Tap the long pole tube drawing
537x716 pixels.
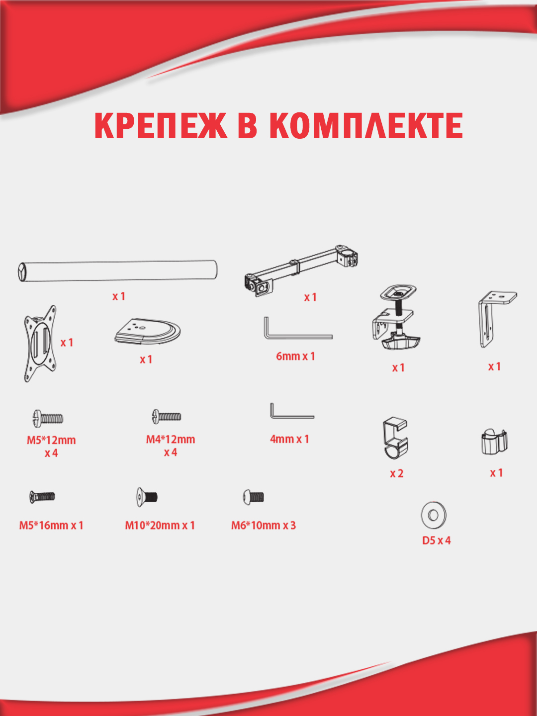[x=117, y=271]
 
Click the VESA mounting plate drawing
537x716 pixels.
[x=40, y=344]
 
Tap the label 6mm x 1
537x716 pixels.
[x=295, y=356]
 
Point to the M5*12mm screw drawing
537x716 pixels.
[x=48, y=419]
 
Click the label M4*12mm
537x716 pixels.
[x=170, y=440]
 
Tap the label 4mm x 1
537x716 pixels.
[x=289, y=439]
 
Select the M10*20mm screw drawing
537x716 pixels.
[x=147, y=497]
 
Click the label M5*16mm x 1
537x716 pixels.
[x=51, y=526]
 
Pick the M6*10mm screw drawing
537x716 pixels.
[x=254, y=497]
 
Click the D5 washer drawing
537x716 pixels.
[x=433, y=515]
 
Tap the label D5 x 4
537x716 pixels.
[x=436, y=541]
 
